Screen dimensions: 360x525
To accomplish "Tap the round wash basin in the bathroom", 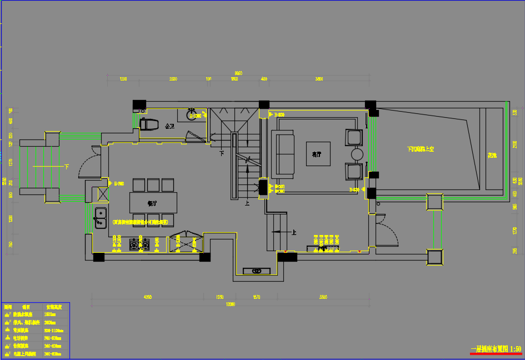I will click(192, 111).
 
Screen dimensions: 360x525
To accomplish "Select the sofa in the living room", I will click(283, 153).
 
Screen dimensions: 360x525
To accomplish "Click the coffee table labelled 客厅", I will click(318, 154).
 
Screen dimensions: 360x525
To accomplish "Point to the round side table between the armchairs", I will click(357, 154).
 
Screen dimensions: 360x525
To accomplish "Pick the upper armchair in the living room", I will click(354, 137).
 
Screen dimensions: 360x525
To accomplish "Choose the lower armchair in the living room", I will click(354, 171).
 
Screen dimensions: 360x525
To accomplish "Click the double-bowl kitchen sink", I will click(101, 218).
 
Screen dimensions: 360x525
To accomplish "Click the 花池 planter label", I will click(492, 155).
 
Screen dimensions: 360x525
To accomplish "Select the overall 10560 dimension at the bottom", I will click(230, 304).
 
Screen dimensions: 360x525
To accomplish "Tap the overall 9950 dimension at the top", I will click(238, 73).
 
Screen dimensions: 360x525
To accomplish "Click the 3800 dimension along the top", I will click(319, 79).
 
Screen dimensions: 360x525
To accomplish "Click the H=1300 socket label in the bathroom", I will click(194, 116).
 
